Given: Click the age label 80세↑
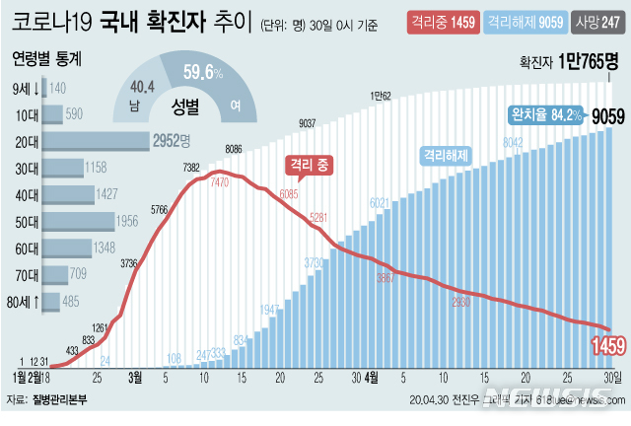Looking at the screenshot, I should [25, 301].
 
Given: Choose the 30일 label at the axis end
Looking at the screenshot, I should [612, 377].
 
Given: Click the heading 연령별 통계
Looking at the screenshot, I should [47, 58].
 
